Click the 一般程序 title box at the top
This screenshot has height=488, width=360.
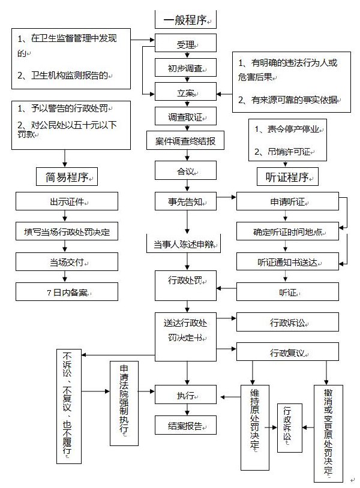(x=185, y=20)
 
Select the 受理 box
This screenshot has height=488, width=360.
(x=185, y=44)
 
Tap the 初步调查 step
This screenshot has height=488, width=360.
(x=185, y=68)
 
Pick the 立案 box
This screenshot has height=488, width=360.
(x=185, y=93)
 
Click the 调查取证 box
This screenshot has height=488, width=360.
(x=185, y=117)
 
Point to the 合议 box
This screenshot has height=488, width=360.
(x=185, y=171)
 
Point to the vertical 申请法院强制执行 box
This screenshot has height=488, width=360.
(x=124, y=403)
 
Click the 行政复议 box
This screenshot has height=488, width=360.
(x=288, y=352)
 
